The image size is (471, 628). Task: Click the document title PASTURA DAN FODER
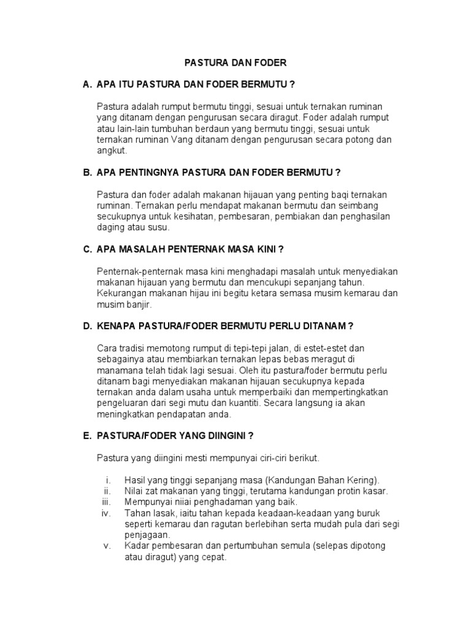coord(236,63)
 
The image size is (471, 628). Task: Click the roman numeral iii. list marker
coord(105,502)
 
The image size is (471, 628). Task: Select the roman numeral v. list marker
coord(107,546)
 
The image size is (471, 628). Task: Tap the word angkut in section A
coord(111,151)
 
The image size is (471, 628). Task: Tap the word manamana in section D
coord(118,370)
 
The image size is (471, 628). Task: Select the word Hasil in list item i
coord(135,480)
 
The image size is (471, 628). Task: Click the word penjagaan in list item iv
coord(147,535)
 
